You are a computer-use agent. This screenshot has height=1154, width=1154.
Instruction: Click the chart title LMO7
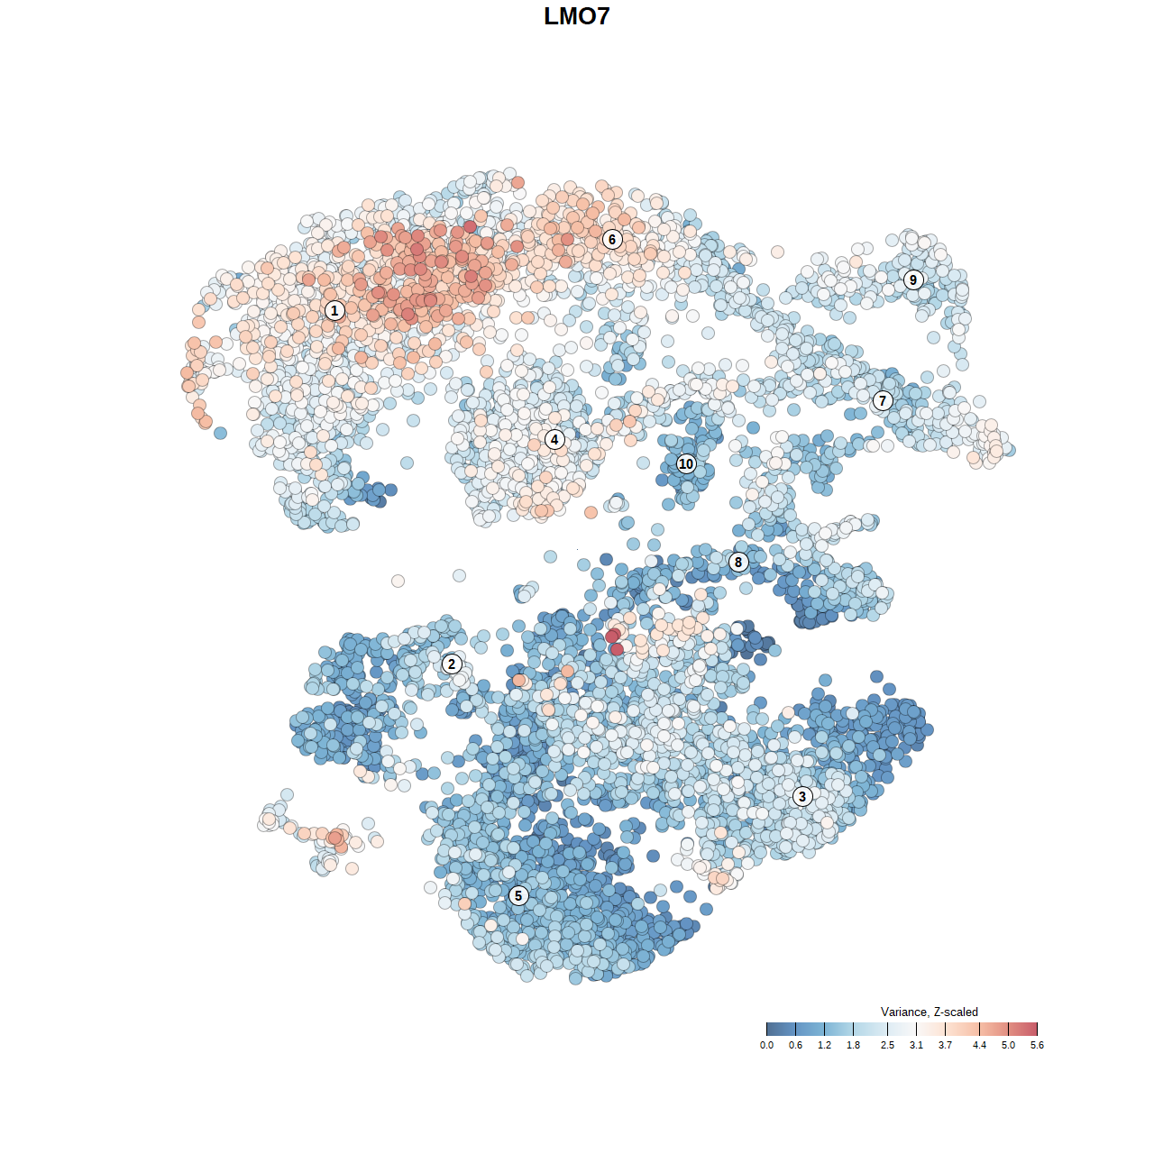coord(577,16)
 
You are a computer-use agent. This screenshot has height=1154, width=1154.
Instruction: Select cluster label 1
coord(334,310)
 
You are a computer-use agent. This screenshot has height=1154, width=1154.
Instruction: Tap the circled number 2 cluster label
coord(452,664)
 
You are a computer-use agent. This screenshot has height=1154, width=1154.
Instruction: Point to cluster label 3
coord(802,796)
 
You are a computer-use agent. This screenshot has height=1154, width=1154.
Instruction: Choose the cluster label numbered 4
coord(554,440)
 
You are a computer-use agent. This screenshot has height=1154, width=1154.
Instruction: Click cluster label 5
coord(518,895)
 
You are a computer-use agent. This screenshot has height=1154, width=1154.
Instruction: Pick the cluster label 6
coord(612,239)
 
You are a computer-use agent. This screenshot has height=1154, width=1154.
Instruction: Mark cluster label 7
coord(883,401)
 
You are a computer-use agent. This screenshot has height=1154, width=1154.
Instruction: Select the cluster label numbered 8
coord(738,563)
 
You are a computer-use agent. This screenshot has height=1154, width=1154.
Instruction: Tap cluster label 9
coord(913,279)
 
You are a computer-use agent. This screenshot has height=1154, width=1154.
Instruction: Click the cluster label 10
coord(686,463)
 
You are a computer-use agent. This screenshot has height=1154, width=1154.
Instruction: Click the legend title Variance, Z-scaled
coord(929,1012)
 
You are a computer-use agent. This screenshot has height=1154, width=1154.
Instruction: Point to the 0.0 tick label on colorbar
coord(766,1046)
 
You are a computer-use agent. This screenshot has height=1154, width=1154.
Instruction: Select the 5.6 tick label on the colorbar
coord(1037,1046)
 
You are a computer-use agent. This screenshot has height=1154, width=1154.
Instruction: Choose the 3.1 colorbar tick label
coord(916,1046)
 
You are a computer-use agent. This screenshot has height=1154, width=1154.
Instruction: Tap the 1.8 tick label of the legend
coord(853,1046)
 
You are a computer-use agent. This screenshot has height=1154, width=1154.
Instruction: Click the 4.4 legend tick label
coord(979,1046)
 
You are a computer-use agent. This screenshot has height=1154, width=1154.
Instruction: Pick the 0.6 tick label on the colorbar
coord(795,1046)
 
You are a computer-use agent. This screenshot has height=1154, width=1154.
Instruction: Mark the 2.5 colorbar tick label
coord(887,1046)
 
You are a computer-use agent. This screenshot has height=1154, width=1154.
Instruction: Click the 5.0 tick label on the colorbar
coord(1008,1046)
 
